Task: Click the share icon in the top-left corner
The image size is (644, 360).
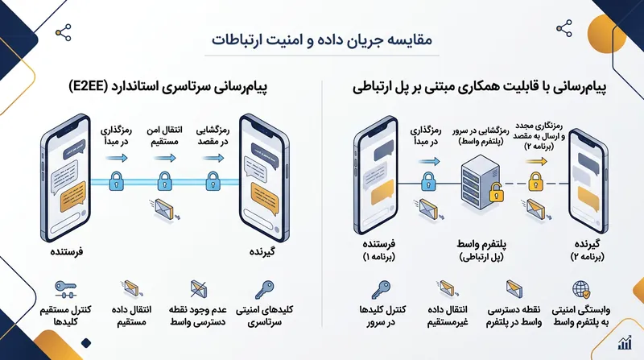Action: click(64, 33)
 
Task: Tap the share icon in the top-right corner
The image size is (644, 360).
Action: click(564, 28)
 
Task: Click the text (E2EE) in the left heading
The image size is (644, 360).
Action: click(89, 88)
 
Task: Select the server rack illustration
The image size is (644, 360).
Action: click(480, 183)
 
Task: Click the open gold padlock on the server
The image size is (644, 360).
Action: click(496, 192)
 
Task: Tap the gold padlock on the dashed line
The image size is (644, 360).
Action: click(535, 182)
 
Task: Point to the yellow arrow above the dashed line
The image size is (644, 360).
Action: click(536, 162)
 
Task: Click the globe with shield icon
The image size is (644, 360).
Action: click(581, 290)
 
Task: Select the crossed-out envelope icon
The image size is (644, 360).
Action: click(199, 289)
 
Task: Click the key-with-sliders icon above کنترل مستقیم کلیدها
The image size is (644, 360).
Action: click(66, 289)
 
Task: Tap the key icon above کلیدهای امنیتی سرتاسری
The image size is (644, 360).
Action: click(264, 290)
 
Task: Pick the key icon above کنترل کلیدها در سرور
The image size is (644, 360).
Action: click(381, 290)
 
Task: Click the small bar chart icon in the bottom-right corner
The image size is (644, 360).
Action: click(625, 342)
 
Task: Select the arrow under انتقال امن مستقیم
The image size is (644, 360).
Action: click(164, 158)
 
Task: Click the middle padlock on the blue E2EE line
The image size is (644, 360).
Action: click(165, 181)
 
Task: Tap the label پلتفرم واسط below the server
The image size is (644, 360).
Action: click(481, 244)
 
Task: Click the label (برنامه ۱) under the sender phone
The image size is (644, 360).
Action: click(378, 257)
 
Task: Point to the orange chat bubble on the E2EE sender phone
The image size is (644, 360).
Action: click(73, 197)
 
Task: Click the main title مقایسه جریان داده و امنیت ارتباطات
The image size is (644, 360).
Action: click(322, 40)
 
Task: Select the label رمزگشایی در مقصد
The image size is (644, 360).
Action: click(213, 135)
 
